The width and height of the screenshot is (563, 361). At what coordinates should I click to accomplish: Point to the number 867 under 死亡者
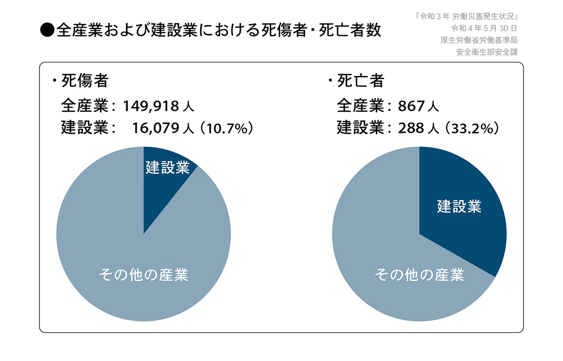tap(411, 106)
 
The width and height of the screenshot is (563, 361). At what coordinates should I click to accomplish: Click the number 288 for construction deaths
tap(411, 128)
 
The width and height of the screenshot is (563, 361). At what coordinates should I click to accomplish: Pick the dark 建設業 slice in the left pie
tap(164, 188)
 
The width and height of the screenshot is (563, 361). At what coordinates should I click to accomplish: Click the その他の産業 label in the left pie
tap(144, 275)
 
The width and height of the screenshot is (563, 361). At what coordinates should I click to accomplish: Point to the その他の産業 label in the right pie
tap(419, 275)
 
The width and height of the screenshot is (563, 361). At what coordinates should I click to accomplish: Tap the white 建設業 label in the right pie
tap(459, 206)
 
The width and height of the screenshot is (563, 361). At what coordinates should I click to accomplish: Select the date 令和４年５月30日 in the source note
tap(484, 28)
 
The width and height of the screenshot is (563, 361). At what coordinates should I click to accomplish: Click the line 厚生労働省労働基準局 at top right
tap(479, 40)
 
